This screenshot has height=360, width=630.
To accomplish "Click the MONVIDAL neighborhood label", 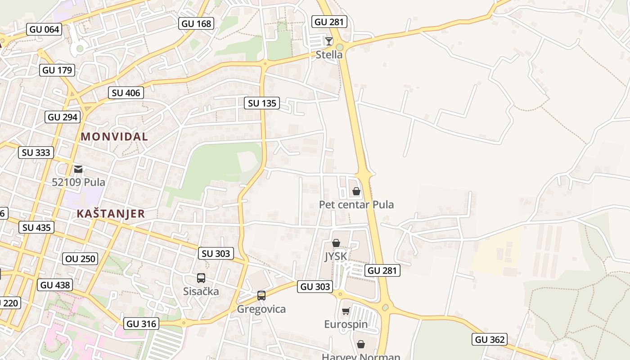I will tap(114, 137).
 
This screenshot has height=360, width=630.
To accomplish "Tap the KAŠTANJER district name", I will tap(111, 214).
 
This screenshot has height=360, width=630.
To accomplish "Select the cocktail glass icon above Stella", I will tap(329, 41).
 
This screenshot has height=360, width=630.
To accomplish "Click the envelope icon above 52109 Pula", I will tap(79, 169).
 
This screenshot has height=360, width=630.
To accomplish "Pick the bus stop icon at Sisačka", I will tap(201, 278).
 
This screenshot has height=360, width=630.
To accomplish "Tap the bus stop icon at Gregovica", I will tap(261, 296).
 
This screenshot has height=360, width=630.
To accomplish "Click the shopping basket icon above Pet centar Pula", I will tap(356, 191).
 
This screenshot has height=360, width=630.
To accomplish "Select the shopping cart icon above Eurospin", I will tap(346, 311).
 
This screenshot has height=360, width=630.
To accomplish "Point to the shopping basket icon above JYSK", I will tap(336, 243).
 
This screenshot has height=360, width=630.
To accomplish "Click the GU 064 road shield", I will tap(44, 30).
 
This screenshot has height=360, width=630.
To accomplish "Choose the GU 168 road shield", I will tap(196, 23).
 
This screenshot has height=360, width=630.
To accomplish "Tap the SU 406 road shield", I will tap(126, 93).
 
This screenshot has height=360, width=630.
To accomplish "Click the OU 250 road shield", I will tap(81, 258).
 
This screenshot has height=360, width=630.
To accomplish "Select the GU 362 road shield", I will tap(490, 339).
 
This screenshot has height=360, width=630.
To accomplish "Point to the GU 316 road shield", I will tap(141, 324).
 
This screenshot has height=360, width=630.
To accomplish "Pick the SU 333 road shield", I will tap(36, 152).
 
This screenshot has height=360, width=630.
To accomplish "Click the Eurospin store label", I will tap(346, 324).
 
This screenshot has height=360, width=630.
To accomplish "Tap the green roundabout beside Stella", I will tap(340, 47).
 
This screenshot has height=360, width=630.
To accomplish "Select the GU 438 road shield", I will tap(55, 284).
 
